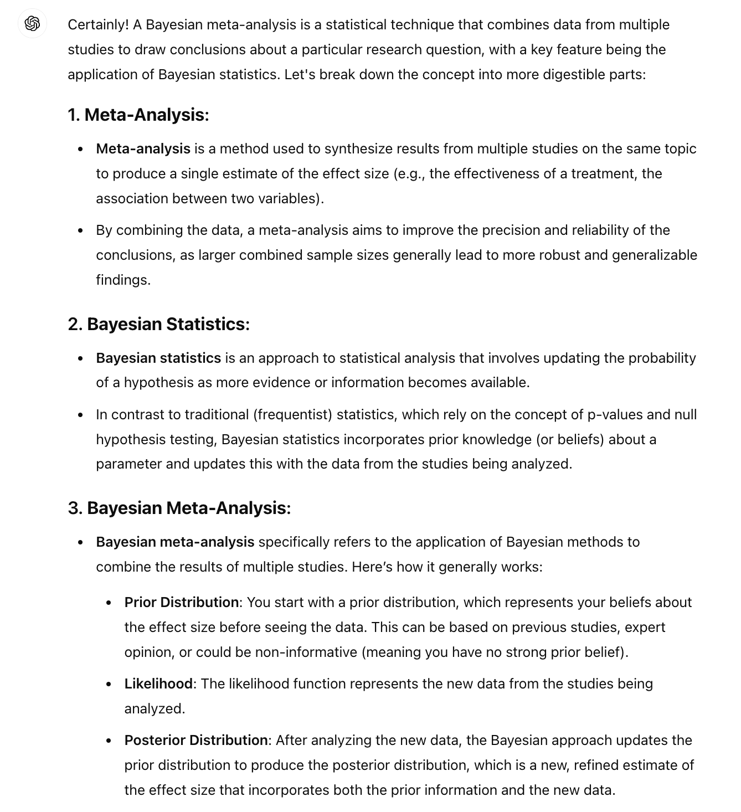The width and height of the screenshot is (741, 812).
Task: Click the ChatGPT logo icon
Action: (32, 24)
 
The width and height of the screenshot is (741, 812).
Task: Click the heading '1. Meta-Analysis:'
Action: (138, 115)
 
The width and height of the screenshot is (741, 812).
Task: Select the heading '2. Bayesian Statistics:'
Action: (158, 324)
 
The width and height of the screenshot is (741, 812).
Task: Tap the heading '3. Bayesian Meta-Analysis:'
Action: (179, 508)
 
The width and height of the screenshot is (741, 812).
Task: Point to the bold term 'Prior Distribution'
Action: (182, 602)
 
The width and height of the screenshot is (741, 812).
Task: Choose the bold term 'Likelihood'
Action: (158, 683)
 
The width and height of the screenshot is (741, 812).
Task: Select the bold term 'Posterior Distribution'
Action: (196, 740)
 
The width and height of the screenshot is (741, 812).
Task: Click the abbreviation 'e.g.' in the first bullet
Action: (409, 174)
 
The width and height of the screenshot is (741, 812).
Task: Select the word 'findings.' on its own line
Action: (123, 280)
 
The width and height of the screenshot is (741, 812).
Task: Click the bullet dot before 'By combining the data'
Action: (81, 230)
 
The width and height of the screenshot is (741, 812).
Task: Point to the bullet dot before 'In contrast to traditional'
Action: (81, 415)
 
